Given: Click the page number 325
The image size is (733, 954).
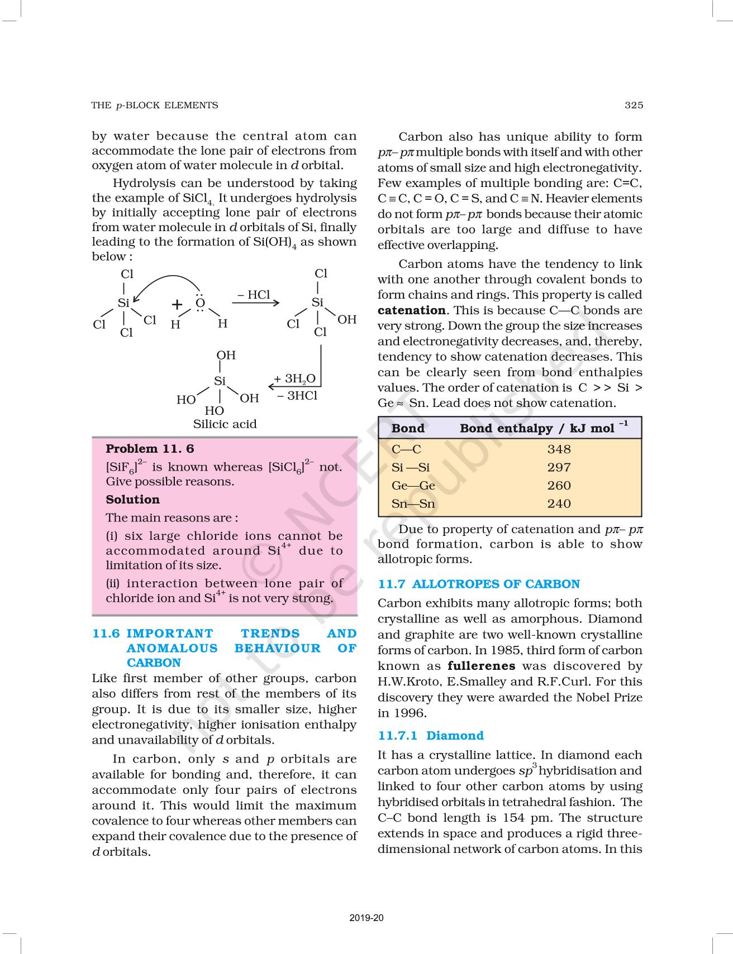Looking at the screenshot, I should point(634,105).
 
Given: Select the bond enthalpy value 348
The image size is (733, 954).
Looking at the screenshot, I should point(559,449).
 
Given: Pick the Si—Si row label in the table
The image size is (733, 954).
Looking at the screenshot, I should point(410,467).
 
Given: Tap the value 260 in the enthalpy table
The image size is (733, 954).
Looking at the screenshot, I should point(559,485).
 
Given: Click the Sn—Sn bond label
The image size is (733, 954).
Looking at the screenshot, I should point(413,504).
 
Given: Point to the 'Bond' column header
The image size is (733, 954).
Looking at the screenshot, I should point(408,428).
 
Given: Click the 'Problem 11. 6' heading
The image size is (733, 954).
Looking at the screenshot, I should point(150,449).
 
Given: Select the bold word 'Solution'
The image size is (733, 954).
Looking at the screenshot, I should point(132,500).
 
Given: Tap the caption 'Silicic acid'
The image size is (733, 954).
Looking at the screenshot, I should point(225,424).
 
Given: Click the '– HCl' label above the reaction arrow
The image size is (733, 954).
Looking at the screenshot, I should point(254,295).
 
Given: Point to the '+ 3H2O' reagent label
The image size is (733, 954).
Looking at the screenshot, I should point(294,379).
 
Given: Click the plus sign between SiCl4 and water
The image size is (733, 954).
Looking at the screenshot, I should point(177,304).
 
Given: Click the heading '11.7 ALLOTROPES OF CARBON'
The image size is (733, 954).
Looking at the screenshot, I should point(479,584).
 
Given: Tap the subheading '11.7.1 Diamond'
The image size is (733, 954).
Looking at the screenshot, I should point(430,736).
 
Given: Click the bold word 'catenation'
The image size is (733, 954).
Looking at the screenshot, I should point(411,310).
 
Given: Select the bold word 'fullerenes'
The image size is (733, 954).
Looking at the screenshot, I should point(481,666).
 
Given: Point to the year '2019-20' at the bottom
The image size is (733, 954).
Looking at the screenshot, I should point(366,918).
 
